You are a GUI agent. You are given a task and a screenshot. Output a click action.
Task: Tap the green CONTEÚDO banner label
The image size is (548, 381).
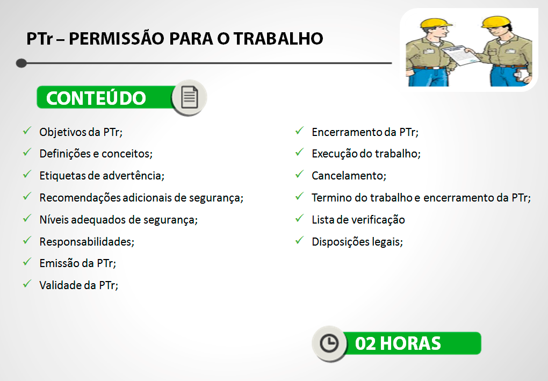click(96, 98)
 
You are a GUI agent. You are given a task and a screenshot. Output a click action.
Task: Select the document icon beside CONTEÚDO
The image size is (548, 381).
click(189, 97)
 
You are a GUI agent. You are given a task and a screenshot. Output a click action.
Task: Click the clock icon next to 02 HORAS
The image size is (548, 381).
click(329, 343)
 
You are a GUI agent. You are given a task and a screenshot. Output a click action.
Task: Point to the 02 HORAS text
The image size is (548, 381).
click(398, 343)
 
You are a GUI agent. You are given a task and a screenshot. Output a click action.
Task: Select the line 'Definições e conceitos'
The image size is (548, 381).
click(96, 154)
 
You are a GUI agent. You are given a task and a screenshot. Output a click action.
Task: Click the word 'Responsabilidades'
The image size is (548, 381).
click(86, 241)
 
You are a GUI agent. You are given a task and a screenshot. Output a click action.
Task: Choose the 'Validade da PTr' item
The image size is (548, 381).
click(78, 285)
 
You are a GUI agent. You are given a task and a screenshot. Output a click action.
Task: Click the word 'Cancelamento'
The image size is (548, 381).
click(349, 176)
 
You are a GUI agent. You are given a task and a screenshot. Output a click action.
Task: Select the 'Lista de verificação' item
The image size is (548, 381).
click(358, 220)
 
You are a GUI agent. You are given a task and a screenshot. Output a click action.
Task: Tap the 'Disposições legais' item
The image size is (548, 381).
click(357, 242)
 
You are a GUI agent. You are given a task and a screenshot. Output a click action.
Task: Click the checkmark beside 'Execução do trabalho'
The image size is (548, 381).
click(300, 153)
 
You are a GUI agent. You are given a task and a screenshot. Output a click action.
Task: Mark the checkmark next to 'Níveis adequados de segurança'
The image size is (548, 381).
click(27, 219)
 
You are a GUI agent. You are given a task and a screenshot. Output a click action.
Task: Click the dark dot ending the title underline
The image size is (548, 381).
click(21, 63)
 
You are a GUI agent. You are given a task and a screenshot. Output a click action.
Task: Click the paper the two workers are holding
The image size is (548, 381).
click(456, 54)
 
